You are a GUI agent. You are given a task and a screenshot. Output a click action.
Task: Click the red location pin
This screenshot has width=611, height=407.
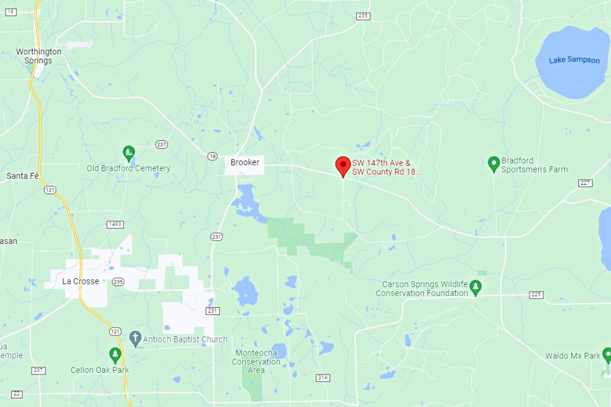point(343,166)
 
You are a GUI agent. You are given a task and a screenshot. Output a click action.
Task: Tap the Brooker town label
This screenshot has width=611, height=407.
point(245,163)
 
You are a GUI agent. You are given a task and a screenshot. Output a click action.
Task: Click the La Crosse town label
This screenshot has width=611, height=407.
point(80,281)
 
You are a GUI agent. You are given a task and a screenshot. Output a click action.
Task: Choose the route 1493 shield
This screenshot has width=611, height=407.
point(116,224)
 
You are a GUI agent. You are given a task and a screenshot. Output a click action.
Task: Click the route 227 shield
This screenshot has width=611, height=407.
point(585,183)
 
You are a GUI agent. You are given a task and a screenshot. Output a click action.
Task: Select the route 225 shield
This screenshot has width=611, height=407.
point(536,295)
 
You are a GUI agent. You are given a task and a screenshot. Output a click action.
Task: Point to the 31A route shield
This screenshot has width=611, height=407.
point(323,377)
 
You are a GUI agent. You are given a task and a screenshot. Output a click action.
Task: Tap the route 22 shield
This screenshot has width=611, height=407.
point(17,394)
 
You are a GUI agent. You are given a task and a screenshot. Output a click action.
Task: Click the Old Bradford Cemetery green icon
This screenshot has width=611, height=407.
point(129,152)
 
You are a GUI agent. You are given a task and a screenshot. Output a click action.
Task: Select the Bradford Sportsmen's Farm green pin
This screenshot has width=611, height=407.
point(493,163)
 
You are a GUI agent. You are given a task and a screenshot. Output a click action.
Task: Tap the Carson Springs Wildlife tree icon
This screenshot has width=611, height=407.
point(476,286)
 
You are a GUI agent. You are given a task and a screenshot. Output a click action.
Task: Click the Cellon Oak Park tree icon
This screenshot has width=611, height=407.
point(116,354)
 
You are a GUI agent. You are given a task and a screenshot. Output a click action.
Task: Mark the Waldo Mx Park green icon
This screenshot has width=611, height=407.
point(607,355)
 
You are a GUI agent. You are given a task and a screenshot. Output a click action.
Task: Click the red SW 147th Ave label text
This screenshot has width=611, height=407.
point(386,168)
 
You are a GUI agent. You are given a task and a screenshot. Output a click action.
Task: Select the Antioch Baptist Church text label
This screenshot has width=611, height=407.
point(185,339)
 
